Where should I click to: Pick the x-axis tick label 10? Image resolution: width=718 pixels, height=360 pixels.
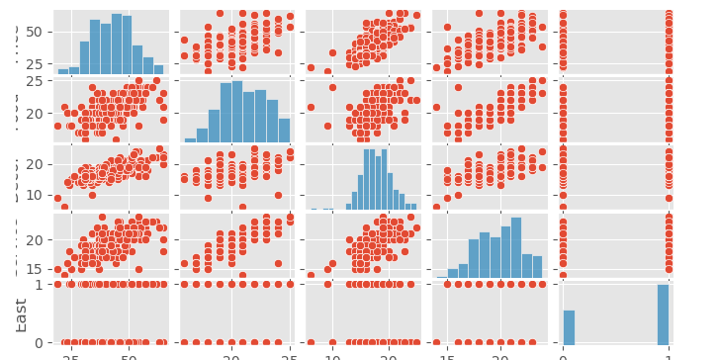tap(333, 354)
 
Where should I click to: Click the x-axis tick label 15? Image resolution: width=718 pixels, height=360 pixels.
tap(447, 354)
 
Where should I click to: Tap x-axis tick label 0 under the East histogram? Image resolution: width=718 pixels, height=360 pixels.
tap(563, 354)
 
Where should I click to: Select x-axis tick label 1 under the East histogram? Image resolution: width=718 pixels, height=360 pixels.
tap(668, 354)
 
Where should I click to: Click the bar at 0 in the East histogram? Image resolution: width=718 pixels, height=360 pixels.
tap(569, 326)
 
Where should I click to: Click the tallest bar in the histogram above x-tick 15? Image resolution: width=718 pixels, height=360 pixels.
tap(515, 247)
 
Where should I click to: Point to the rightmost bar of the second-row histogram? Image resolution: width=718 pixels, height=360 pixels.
tap(285, 130)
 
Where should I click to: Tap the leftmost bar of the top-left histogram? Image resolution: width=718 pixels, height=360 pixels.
tap(63, 71)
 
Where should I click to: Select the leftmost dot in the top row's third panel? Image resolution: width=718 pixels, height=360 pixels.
tap(311, 68)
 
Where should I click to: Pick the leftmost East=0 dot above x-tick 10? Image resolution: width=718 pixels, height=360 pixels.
tap(311, 342)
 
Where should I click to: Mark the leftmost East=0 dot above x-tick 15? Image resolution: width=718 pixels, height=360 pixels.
tap(436, 342)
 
